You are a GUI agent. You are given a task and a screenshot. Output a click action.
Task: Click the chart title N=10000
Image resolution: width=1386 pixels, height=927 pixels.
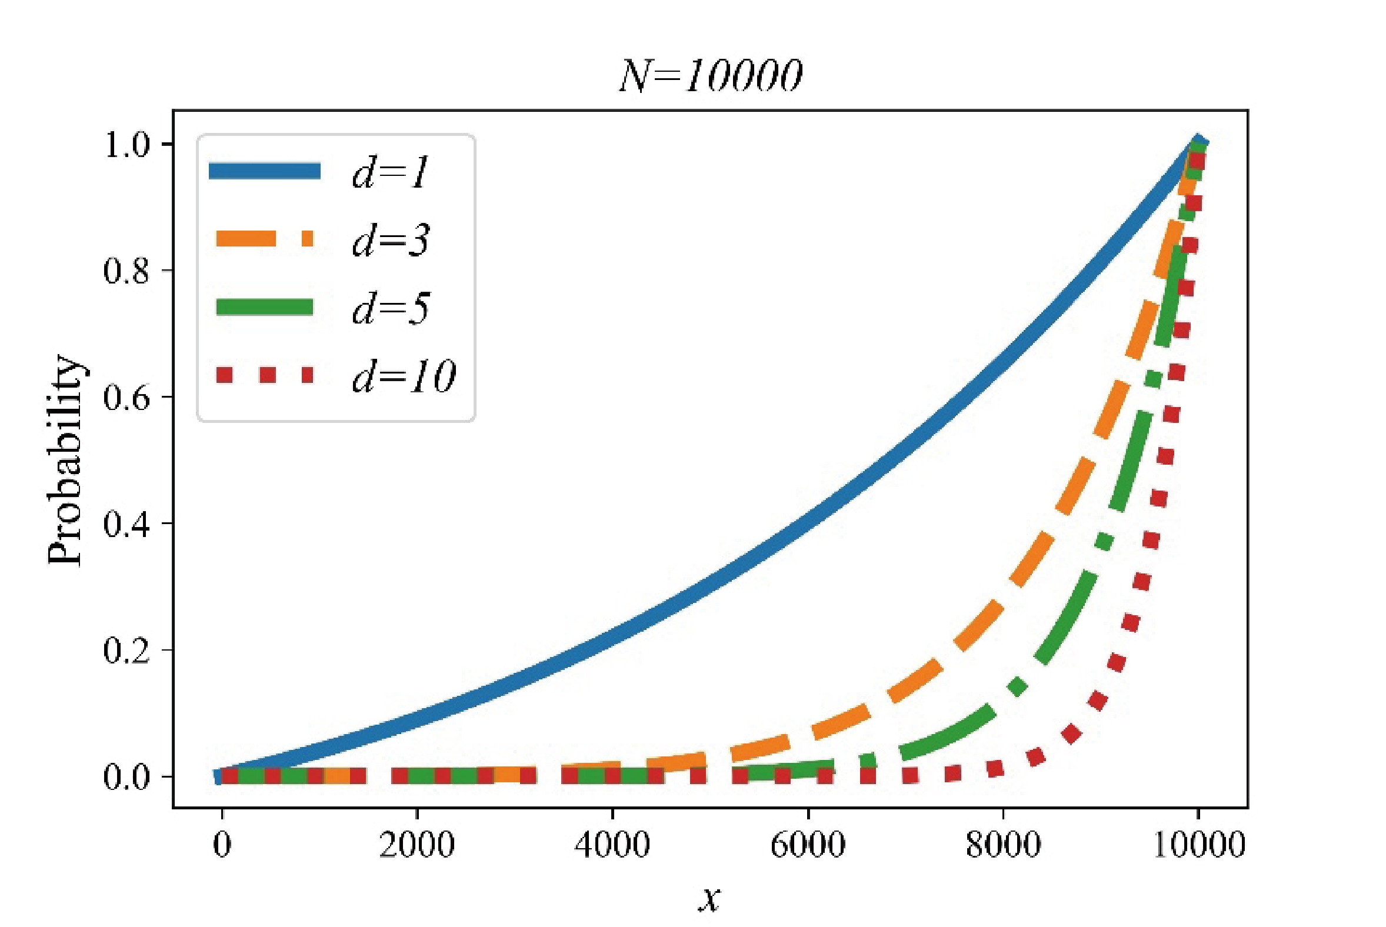pyautogui.click(x=710, y=77)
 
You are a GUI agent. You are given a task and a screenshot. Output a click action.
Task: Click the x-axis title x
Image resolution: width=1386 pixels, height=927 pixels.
pyautogui.click(x=709, y=899)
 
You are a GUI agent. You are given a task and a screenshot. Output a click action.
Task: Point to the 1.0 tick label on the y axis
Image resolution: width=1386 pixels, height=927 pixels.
pyautogui.click(x=126, y=145)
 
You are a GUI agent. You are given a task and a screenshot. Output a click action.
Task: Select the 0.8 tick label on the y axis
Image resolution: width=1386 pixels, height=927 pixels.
pyautogui.click(x=126, y=271)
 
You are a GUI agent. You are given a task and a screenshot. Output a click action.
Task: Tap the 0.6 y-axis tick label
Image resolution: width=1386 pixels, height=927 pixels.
pyautogui.click(x=126, y=396)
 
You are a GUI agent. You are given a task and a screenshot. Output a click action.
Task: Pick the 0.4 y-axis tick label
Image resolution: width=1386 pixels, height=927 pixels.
pyautogui.click(x=126, y=523)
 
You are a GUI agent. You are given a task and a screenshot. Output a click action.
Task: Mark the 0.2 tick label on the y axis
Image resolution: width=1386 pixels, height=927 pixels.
pyautogui.click(x=126, y=650)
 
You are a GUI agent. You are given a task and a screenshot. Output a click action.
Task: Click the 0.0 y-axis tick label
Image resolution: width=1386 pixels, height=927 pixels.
pyautogui.click(x=126, y=776)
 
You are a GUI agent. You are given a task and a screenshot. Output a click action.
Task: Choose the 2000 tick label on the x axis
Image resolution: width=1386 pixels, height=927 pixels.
pyautogui.click(x=417, y=845)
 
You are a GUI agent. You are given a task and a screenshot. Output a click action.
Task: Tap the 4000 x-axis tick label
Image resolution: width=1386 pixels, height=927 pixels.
pyautogui.click(x=612, y=845)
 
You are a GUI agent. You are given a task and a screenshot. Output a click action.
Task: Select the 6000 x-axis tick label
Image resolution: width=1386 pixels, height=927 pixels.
pyautogui.click(x=808, y=845)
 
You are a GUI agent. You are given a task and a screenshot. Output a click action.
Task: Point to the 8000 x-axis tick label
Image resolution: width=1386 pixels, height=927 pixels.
pyautogui.click(x=1003, y=845)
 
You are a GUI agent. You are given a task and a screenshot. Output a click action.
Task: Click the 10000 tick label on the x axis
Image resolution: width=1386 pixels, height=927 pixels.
pyautogui.click(x=1199, y=845)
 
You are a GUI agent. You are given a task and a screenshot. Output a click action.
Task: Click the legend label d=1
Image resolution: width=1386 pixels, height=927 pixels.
pyautogui.click(x=389, y=172)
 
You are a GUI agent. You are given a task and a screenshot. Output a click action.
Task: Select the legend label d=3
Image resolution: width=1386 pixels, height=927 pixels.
pyautogui.click(x=391, y=241)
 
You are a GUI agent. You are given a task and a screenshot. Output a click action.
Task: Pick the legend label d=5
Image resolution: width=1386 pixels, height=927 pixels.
pyautogui.click(x=391, y=308)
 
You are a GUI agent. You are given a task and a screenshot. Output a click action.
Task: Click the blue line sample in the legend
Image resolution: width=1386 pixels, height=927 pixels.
pyautogui.click(x=264, y=171)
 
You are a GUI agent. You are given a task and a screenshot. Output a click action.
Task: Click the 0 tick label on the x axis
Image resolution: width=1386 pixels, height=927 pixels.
pyautogui.click(x=222, y=845)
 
